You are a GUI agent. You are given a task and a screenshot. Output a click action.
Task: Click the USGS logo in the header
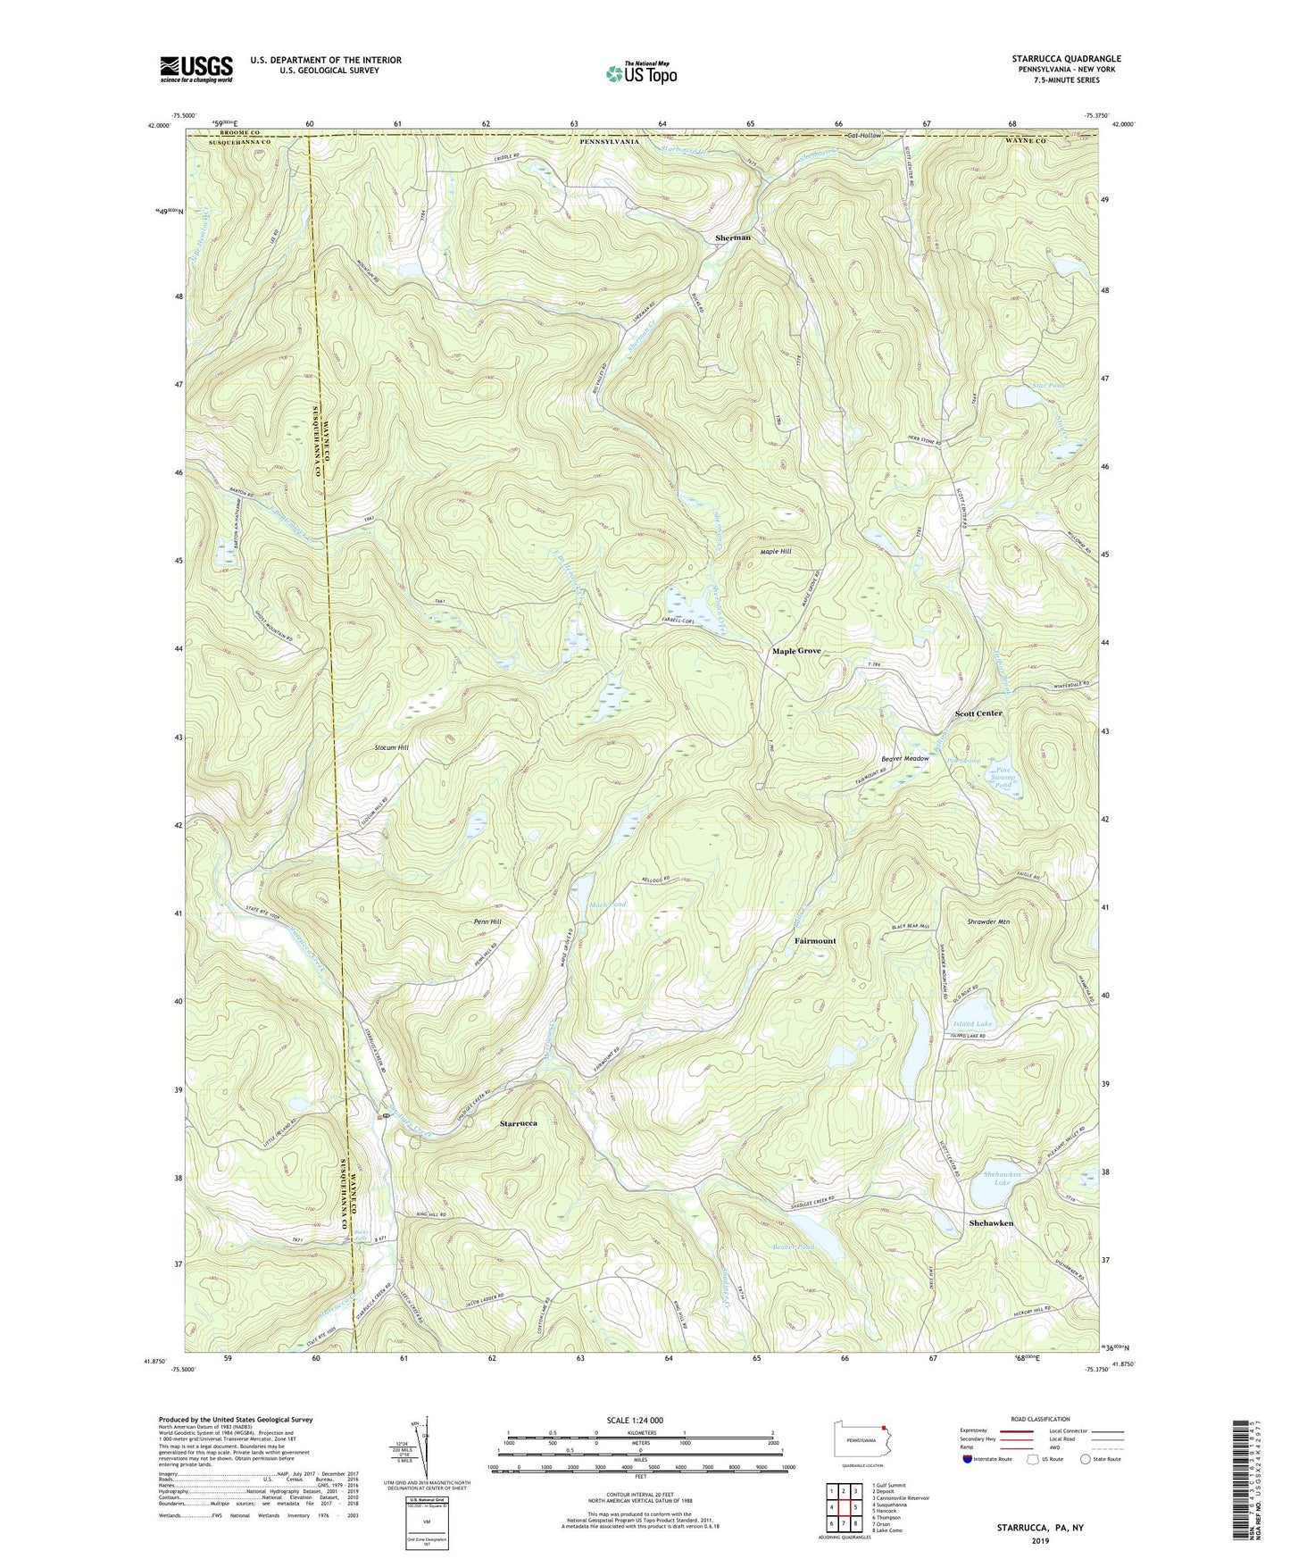196,69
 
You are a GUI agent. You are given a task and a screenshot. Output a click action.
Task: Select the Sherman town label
733,238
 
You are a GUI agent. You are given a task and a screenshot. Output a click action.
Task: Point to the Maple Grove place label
796,652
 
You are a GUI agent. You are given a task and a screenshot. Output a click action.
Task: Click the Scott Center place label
978,713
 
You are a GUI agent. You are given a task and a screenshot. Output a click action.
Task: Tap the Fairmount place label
815,941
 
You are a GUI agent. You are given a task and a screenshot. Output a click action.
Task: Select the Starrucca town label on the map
518,1123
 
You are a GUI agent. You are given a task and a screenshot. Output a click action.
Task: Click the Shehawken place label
991,1223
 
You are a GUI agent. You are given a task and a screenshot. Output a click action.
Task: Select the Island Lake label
972,1024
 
